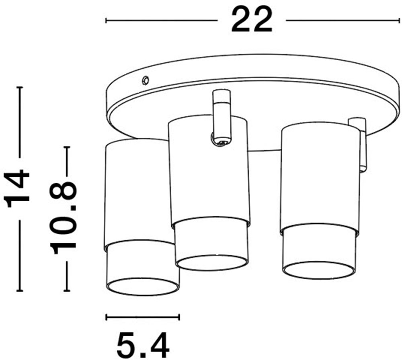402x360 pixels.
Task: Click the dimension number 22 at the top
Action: click(252, 20)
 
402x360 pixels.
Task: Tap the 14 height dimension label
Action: click(17, 188)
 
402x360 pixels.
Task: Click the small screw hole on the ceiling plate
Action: click(146, 80)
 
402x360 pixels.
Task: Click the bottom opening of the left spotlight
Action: click(143, 287)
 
